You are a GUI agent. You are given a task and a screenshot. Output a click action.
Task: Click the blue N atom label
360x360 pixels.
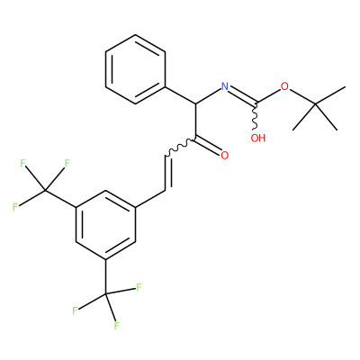tap(225, 86)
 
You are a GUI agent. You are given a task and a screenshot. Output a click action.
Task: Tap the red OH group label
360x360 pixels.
tap(258, 138)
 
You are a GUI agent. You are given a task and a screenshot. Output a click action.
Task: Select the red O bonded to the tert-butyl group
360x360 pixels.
tap(284, 86)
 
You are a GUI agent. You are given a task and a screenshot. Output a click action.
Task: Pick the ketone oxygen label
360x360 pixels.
tap(224, 156)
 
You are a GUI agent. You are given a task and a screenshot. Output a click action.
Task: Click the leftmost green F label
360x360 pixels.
tap(15, 207)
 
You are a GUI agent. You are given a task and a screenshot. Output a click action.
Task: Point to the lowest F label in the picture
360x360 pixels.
tap(116, 326)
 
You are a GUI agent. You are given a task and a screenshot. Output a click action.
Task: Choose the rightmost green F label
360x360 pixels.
tap(139, 288)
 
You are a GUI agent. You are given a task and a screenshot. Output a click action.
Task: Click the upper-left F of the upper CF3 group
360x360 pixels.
tap(22, 164)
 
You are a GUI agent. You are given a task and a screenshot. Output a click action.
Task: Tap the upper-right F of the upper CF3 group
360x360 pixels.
tap(67, 164)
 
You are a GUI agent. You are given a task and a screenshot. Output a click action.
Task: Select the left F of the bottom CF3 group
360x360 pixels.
tap(75, 310)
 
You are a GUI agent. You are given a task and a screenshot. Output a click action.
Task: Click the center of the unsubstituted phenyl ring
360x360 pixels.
tap(135, 69)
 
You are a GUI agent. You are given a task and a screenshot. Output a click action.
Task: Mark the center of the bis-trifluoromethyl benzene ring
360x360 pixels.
tap(105, 225)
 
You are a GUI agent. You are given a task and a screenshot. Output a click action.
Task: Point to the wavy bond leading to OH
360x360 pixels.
tap(255, 117)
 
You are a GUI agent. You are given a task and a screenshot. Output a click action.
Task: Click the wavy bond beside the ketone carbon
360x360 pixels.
tap(180, 148)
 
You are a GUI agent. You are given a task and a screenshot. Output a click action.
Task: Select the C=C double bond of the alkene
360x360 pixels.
tap(166, 173)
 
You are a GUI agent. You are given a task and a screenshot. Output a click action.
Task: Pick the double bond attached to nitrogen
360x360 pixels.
tap(241, 95)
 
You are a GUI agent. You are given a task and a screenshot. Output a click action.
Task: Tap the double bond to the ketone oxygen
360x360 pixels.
tap(208, 145)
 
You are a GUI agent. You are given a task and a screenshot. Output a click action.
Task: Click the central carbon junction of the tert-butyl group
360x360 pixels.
tap(315, 103)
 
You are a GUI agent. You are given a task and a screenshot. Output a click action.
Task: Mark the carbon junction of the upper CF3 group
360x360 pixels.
tap(45, 190)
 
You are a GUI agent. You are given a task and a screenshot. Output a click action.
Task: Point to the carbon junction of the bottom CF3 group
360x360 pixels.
tap(105, 294)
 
